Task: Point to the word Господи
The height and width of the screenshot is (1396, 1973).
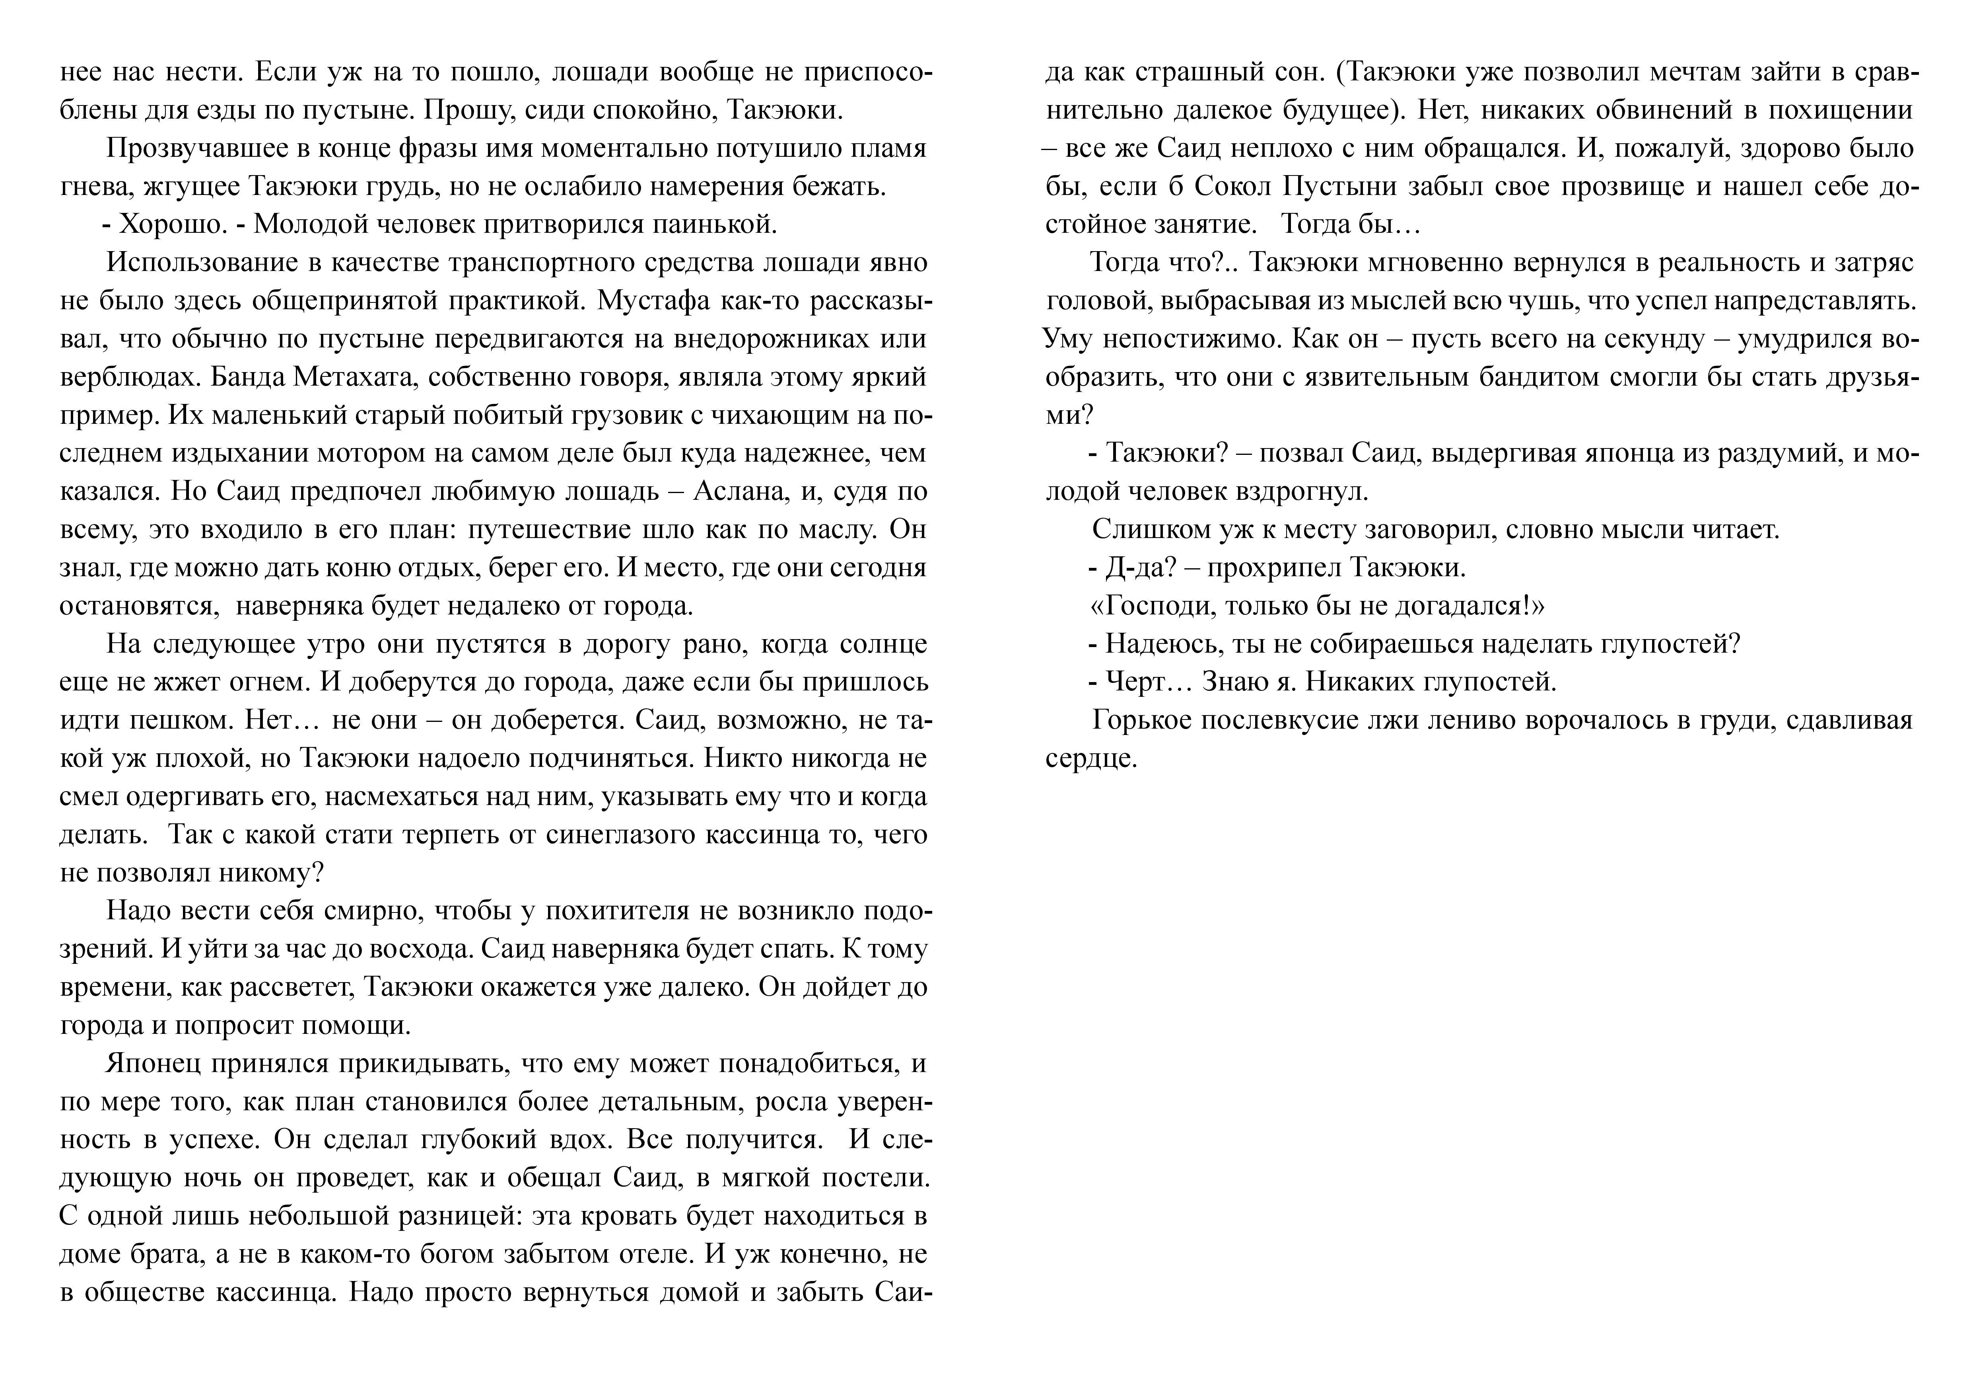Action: coord(1160,606)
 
